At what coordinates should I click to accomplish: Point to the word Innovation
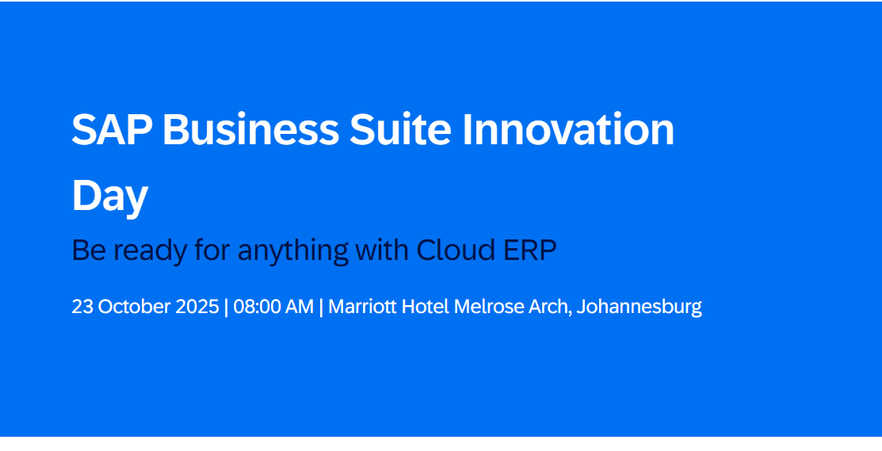pyautogui.click(x=568, y=130)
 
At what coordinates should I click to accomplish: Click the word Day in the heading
pyautogui.click(x=109, y=196)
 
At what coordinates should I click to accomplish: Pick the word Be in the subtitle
pyautogui.click(x=86, y=250)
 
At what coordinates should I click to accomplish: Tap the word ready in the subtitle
pyautogui.click(x=145, y=251)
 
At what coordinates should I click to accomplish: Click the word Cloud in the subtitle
pyautogui.click(x=456, y=250)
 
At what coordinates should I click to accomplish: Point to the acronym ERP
pyautogui.click(x=530, y=250)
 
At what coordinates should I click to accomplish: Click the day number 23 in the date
pyautogui.click(x=82, y=307)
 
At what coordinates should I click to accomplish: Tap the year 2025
pyautogui.click(x=198, y=307)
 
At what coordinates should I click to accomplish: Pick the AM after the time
pyautogui.click(x=300, y=307)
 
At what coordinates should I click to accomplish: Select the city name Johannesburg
pyautogui.click(x=639, y=308)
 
